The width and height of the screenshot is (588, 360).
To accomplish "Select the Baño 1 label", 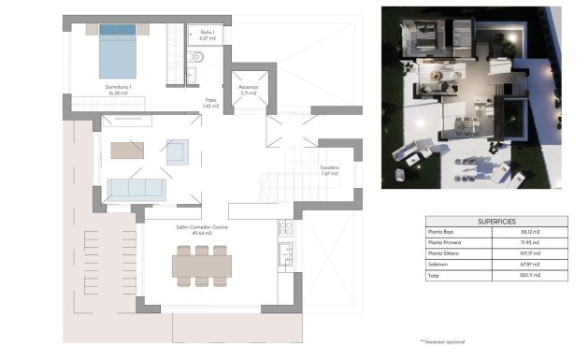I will pos(207,34).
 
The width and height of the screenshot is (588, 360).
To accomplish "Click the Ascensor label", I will pos(248,91).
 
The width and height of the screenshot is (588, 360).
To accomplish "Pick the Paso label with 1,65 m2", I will pos(211,103).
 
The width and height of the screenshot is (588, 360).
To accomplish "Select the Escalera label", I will pos(329,170).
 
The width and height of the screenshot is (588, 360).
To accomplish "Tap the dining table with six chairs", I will pos(201,266).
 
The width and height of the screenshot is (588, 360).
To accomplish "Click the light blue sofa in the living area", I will pos(136,188).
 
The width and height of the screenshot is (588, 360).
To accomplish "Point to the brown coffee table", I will pos(128,150).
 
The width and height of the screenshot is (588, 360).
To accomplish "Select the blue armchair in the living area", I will pos(177,150).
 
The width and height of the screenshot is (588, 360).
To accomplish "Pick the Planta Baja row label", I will pos(445,232).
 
